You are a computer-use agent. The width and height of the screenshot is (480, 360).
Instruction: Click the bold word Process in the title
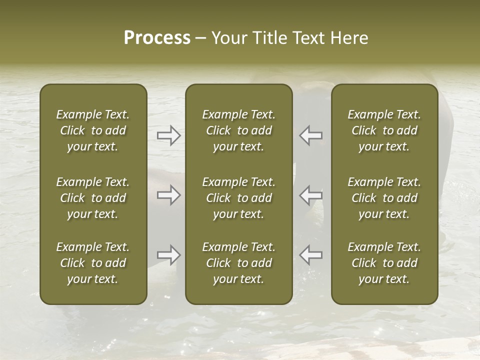pos(157,38)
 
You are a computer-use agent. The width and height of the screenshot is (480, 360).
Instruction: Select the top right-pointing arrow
pos(168,135)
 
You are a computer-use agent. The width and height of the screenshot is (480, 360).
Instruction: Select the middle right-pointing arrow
pos(168,195)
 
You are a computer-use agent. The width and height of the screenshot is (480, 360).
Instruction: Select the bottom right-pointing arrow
pos(168,255)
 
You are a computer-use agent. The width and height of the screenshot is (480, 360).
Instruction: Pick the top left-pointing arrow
pos(311,135)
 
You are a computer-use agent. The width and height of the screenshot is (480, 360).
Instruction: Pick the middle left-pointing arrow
pos(311,195)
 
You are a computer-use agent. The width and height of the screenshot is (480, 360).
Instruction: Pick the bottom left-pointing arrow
pos(311,255)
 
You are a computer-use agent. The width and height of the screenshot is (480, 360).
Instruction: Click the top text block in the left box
pos(93,130)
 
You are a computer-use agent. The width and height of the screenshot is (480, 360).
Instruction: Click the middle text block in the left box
pos(93,198)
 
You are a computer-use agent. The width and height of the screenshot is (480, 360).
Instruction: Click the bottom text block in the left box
pos(93,263)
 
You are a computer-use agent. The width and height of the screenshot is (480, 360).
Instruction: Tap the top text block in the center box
pos(239,130)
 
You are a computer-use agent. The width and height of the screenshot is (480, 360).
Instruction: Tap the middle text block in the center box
pos(239,198)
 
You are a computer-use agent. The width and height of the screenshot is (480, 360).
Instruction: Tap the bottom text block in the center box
pos(239,263)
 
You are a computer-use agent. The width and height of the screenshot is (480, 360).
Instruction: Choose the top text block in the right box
pos(384,130)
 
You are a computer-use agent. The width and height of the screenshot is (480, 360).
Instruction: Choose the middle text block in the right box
pos(384,198)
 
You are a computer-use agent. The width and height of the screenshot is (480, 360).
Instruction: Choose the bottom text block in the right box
pos(384,263)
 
